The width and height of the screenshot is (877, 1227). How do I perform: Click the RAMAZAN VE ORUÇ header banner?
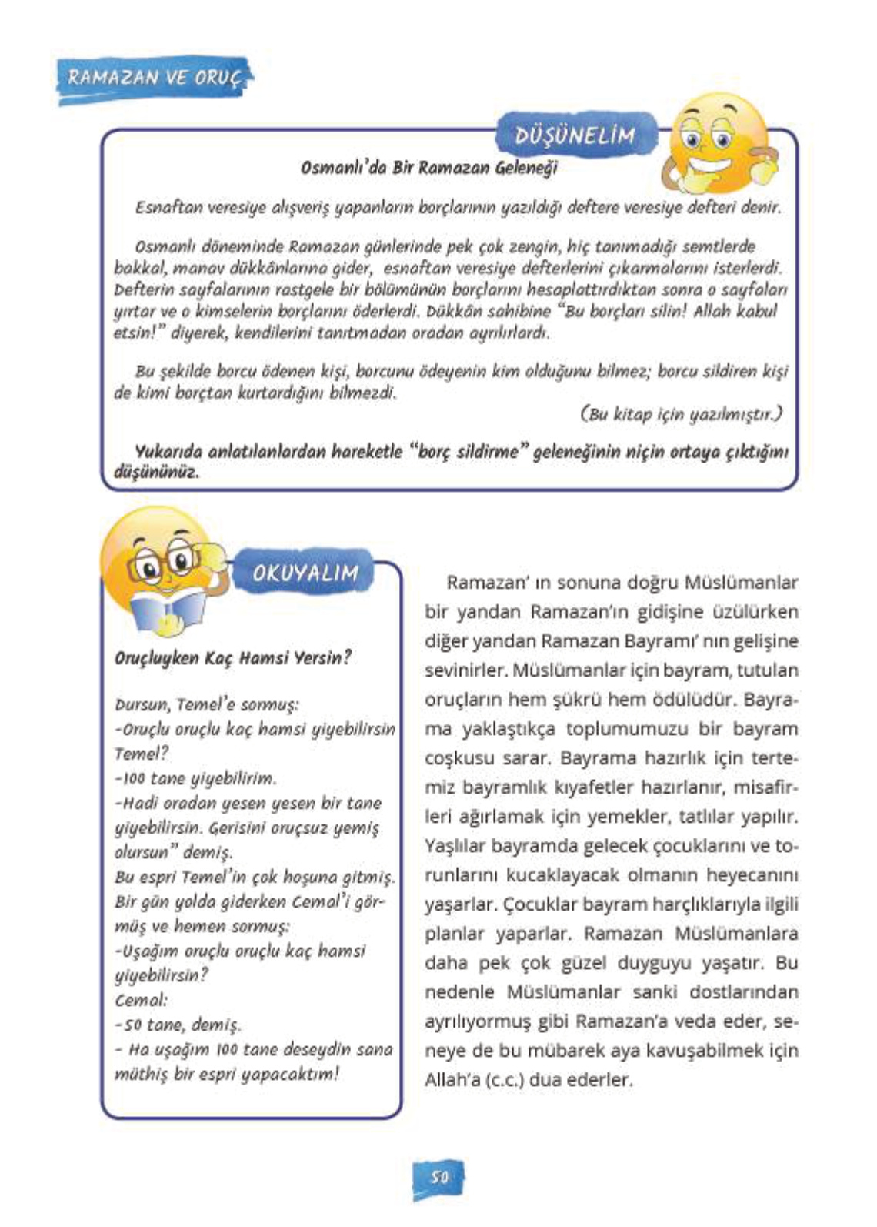click(154, 78)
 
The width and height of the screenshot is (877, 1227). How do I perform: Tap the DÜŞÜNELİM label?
click(575, 135)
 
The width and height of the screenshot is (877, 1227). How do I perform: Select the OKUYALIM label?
click(305, 573)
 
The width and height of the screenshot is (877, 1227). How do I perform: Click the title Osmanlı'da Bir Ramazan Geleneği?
click(428, 167)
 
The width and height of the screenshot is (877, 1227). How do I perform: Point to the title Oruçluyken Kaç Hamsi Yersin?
click(232, 658)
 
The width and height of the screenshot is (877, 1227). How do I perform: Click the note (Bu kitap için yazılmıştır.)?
click(681, 414)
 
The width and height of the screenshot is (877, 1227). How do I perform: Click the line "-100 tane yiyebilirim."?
click(195, 778)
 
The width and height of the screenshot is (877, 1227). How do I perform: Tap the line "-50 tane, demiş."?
click(178, 1025)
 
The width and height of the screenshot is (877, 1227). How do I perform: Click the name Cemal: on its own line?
click(141, 1000)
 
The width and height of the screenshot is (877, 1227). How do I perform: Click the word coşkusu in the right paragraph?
click(459, 758)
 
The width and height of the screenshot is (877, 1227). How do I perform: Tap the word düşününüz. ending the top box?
click(156, 472)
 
